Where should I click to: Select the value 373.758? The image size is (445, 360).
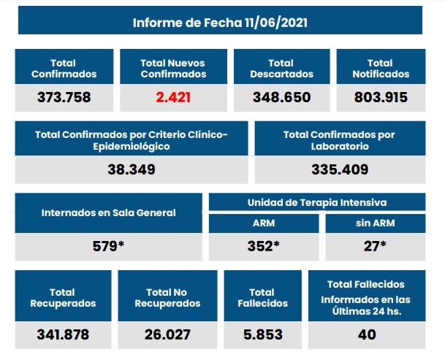(x=64, y=97)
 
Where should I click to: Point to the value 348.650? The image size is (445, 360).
(x=281, y=97)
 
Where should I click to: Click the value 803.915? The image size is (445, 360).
(x=380, y=97)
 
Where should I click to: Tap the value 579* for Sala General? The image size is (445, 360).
(x=108, y=246)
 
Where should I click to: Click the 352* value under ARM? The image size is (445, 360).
(x=264, y=246)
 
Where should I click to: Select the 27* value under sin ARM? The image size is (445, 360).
(x=375, y=246)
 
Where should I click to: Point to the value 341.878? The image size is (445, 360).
(x=63, y=334)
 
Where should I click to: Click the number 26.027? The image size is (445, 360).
(x=167, y=334)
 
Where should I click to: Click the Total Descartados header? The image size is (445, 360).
(x=281, y=68)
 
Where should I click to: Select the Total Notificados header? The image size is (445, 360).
(x=380, y=68)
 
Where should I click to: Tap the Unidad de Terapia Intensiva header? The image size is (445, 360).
(x=317, y=202)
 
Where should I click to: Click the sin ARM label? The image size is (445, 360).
(x=375, y=223)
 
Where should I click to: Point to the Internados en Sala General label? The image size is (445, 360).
(x=108, y=212)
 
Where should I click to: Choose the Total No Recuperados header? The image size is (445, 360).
(x=167, y=297)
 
